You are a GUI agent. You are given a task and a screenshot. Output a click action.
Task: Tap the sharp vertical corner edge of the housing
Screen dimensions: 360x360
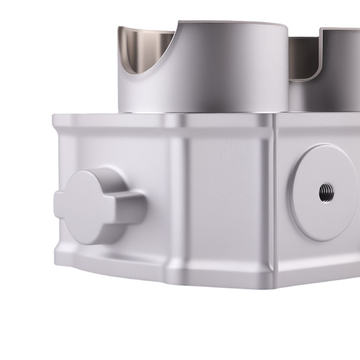[x=277, y=198]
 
